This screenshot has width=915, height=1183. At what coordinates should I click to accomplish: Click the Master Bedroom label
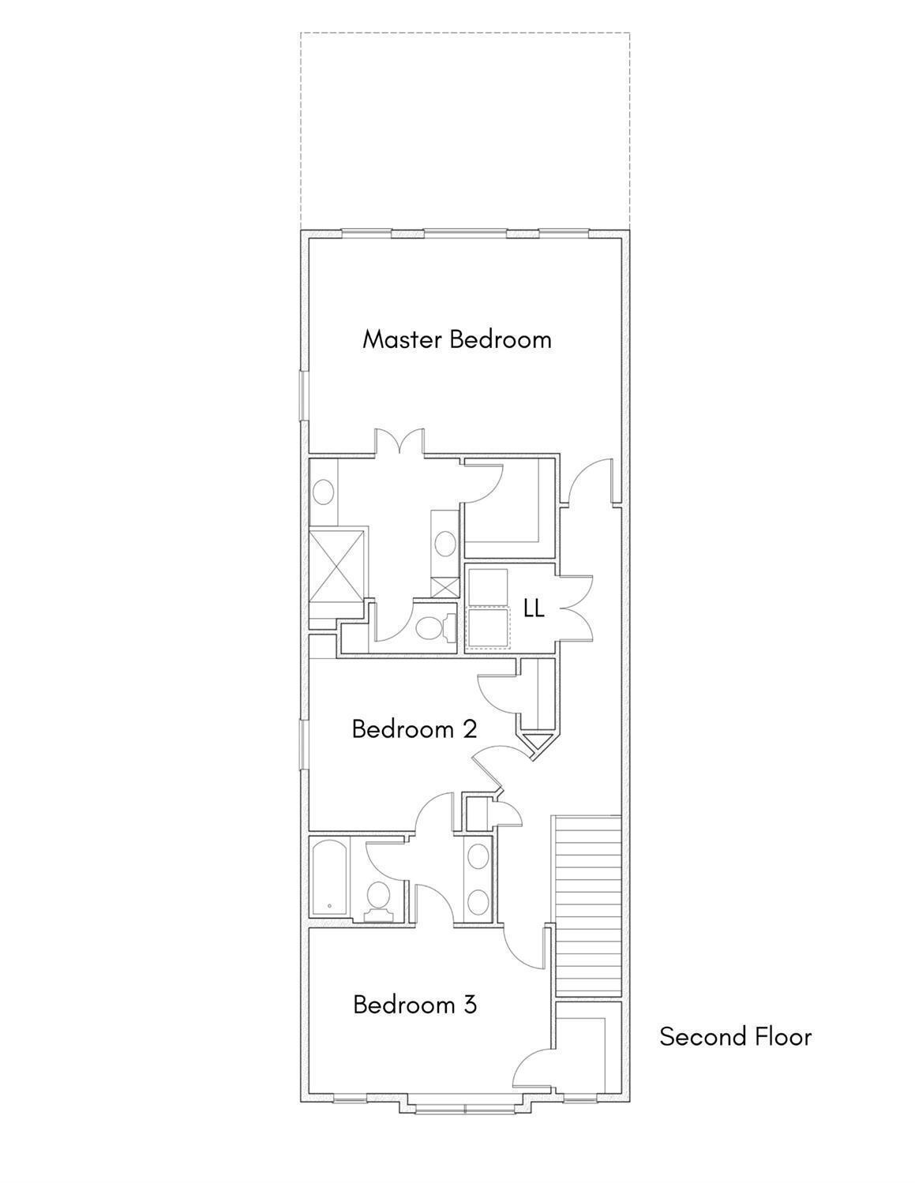tap(456, 339)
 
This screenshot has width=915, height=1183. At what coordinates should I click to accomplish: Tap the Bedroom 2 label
tap(414, 729)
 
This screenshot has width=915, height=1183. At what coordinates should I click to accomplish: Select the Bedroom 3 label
tap(415, 1005)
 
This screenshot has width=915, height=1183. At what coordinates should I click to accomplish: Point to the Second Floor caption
tap(735, 1036)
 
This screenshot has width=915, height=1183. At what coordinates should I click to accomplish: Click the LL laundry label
tap(534, 609)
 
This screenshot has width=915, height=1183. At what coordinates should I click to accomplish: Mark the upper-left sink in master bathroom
tap(324, 492)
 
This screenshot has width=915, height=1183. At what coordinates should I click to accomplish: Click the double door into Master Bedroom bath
tap(399, 441)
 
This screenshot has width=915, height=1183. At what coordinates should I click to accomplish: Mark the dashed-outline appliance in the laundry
tap(489, 627)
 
